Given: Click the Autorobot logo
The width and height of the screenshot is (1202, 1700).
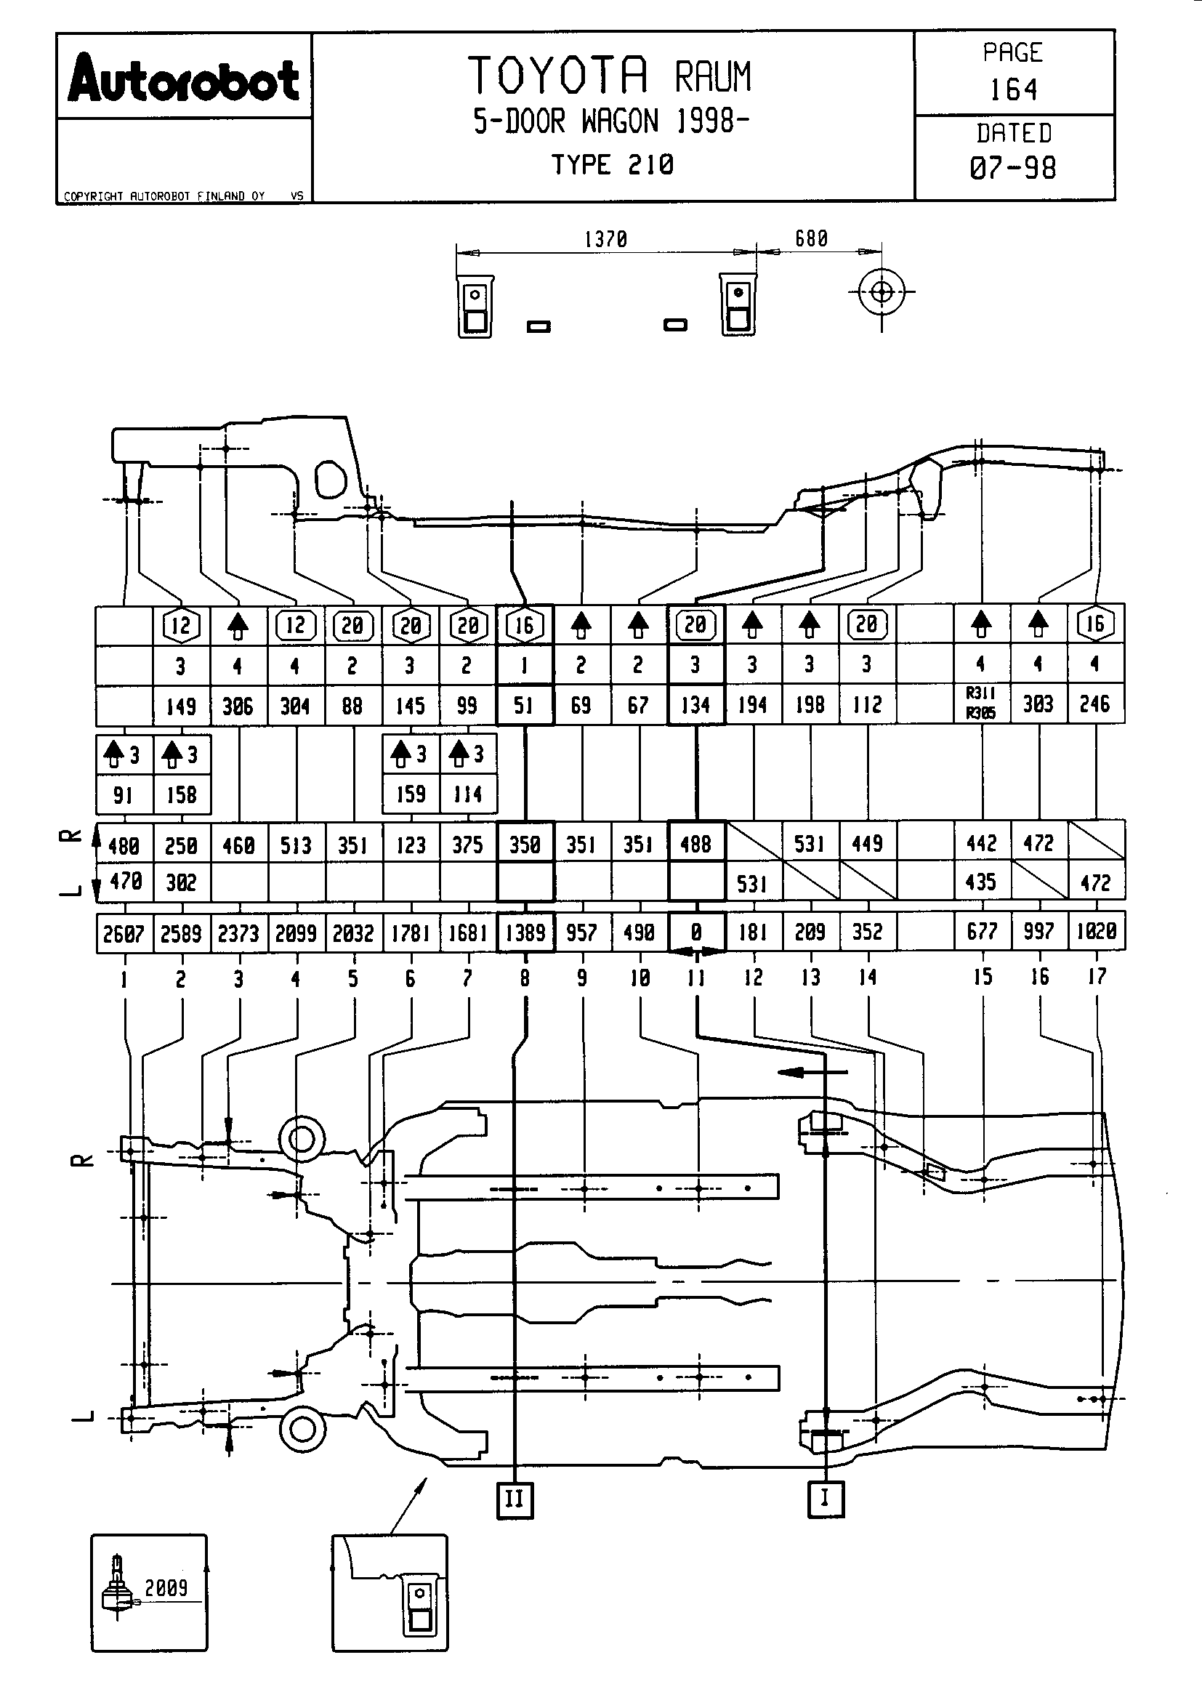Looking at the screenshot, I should [184, 78].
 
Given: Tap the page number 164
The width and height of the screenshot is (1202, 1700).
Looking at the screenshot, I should [1013, 90].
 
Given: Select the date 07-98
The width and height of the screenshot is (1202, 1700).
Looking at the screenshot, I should [1013, 168].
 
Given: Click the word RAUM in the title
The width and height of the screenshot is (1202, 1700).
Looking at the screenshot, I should [712, 77].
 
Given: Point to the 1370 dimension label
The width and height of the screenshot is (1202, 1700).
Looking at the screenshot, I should [605, 239].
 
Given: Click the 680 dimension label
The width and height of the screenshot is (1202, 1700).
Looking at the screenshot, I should [811, 238].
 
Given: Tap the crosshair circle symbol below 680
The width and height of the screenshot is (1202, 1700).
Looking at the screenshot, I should [882, 291].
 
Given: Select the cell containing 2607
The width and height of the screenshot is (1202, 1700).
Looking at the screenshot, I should [124, 934].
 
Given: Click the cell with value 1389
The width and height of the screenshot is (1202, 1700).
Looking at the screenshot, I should [525, 932].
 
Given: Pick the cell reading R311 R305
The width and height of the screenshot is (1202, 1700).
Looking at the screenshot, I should [980, 703].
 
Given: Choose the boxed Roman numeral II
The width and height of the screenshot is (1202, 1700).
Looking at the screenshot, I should [515, 1499].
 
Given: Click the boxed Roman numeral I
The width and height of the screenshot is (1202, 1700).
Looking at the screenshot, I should [826, 1499].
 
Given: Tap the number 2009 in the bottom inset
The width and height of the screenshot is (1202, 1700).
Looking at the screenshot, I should [166, 1587].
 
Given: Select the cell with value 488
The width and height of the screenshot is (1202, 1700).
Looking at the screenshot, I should [695, 843].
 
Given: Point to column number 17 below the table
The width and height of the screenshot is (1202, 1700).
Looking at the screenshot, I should [1096, 977].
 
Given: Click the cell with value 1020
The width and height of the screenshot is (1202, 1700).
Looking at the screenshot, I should [1096, 932].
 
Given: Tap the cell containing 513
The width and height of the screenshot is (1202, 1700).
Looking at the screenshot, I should [295, 845].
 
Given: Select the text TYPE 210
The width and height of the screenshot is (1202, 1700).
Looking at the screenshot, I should [612, 164].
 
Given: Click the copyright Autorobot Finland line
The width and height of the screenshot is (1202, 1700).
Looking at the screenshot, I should [164, 196].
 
